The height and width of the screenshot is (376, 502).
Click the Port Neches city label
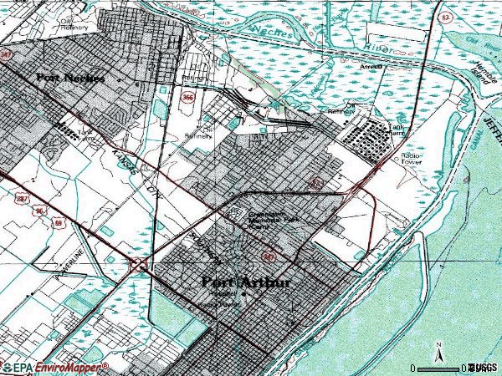[70, 78]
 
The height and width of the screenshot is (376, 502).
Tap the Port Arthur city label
[247, 282]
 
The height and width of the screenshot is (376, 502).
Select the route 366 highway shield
[184, 98]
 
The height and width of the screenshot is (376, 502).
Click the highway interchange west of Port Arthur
[139, 265]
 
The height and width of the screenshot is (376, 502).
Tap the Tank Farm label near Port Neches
[85, 134]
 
